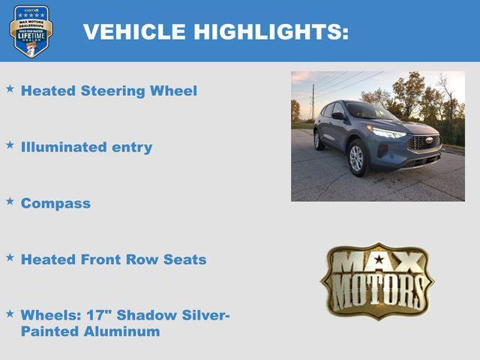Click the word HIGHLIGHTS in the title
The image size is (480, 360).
271,31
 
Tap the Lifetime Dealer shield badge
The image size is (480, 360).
31,31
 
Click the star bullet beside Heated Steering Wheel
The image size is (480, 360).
10,88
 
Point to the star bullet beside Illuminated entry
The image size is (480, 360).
10,144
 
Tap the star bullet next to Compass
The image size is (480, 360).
10,201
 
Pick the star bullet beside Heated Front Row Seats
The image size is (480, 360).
10,256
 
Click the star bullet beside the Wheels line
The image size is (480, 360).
10,313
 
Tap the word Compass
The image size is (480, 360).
55,204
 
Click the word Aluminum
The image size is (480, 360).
121,331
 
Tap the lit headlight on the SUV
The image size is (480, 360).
388,133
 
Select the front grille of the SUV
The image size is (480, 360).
425,142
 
